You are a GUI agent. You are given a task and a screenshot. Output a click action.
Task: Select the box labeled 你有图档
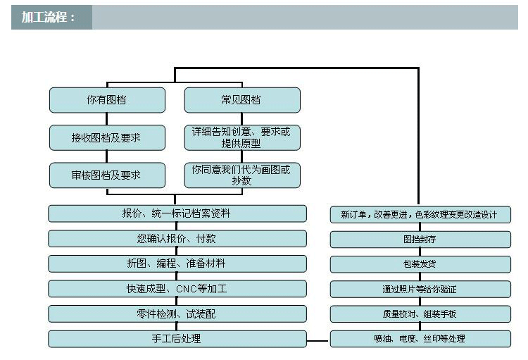tap(107, 100)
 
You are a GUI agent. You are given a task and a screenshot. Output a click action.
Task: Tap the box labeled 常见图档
tap(241, 100)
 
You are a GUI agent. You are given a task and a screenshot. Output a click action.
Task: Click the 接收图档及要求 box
tap(107, 137)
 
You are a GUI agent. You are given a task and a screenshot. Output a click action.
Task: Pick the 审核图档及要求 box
tap(107, 175)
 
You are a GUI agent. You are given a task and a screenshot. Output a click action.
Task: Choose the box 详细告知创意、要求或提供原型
tap(241, 137)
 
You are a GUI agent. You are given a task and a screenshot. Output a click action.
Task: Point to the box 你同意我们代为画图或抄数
tap(241, 175)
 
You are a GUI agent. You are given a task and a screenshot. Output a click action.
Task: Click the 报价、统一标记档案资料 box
tap(177, 213)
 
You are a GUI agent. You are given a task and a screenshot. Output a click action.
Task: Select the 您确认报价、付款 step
tap(177, 238)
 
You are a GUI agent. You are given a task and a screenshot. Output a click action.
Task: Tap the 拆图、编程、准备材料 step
tap(177, 263)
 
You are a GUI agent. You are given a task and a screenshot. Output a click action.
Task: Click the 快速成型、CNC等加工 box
tap(177, 288)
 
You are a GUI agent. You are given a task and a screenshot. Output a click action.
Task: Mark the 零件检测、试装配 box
tap(177, 314)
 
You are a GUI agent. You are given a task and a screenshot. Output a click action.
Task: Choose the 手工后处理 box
tap(177, 339)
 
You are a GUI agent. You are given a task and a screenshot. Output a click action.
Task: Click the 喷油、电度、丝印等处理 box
tap(420, 339)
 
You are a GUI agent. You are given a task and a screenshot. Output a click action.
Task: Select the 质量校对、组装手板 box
tap(420, 314)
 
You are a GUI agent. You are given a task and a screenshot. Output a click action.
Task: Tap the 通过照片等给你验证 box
tap(420, 289)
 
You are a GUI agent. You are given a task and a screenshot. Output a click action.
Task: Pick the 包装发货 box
tap(420, 264)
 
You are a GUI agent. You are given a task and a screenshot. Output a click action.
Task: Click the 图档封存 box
tap(420, 240)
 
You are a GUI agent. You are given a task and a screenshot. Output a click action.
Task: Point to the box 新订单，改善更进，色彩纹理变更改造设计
tap(420, 214)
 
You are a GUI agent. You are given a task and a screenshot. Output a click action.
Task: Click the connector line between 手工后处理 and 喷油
tap(318, 342)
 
